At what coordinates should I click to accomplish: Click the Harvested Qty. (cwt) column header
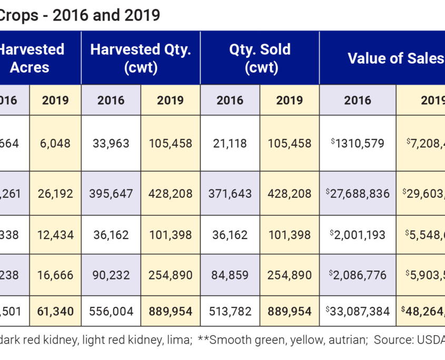[141, 58]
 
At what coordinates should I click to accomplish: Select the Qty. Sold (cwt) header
[260, 58]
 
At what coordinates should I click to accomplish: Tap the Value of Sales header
[395, 58]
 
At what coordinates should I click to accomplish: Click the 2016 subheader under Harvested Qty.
[111, 100]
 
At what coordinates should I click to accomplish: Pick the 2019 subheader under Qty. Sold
[290, 100]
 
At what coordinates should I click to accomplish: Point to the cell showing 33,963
[111, 143]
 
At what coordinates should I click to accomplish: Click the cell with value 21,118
[230, 143]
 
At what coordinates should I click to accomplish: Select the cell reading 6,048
[55, 143]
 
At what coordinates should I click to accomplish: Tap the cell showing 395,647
[111, 194]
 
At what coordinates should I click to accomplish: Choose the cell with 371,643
[230, 194]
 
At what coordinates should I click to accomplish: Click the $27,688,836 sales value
[358, 194]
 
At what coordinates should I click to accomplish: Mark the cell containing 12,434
[55, 235]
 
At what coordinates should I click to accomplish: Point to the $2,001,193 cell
[358, 235]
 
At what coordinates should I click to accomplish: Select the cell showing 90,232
[111, 275]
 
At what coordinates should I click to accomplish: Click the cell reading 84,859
[230, 275]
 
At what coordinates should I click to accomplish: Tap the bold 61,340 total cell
[55, 311]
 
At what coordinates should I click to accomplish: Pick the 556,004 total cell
[111, 311]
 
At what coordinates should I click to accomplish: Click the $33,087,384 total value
[358, 311]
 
